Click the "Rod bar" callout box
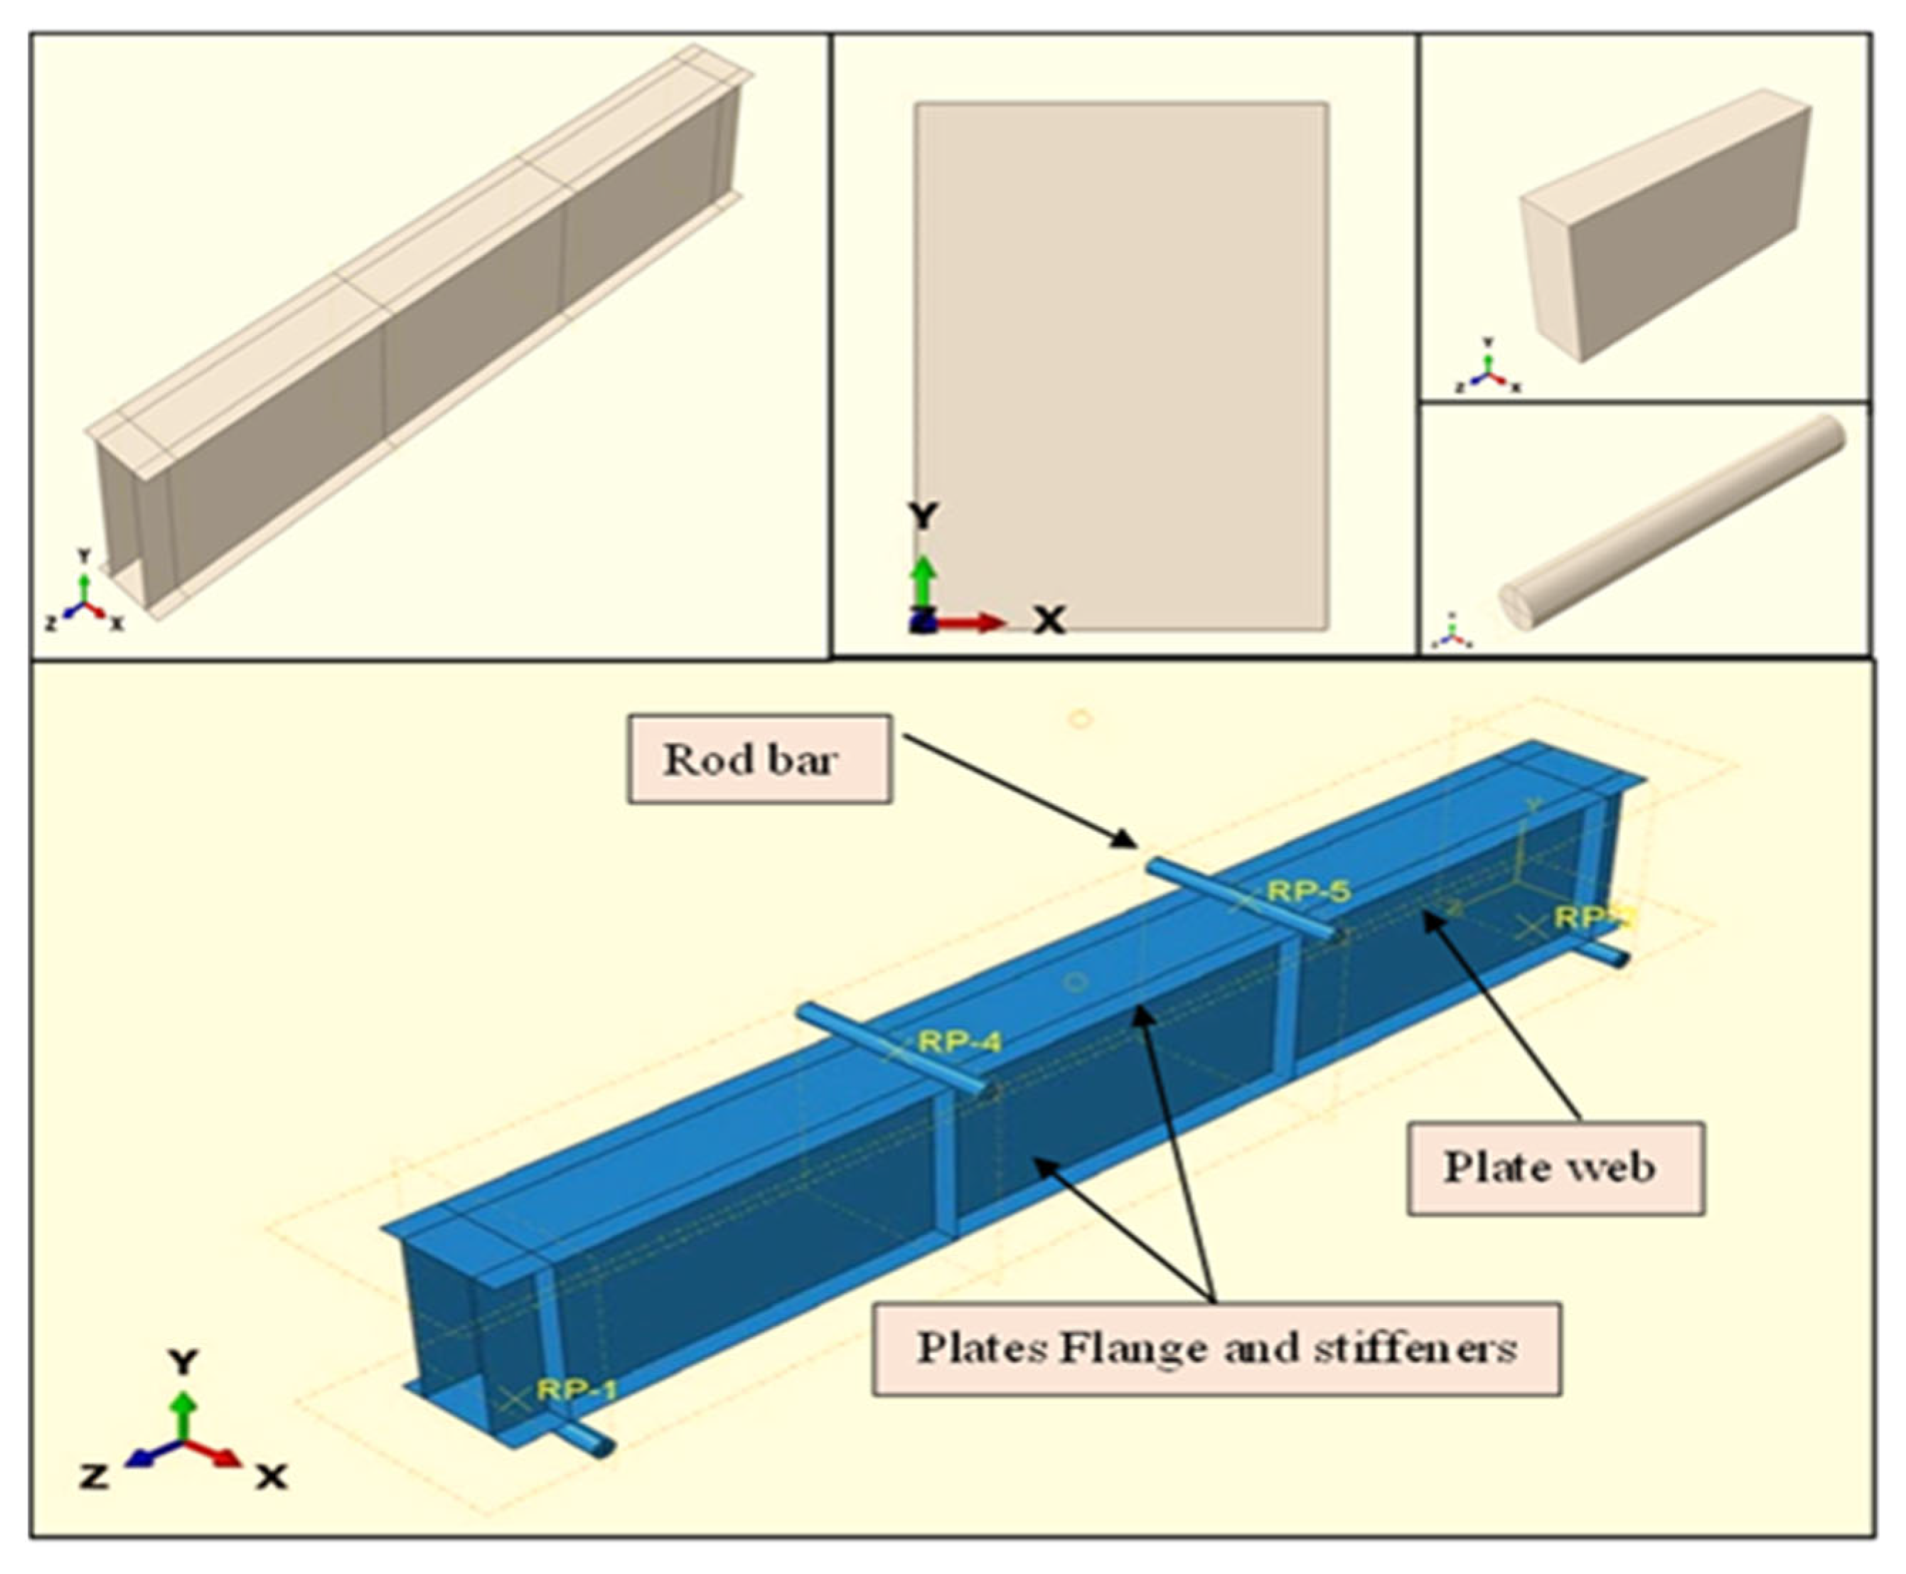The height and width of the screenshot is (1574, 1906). click(x=759, y=759)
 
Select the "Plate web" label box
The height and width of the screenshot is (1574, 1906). click(x=1554, y=1168)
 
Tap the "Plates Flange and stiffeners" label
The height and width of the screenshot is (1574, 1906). click(x=1216, y=1348)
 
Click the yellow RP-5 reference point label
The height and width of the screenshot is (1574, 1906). click(x=1308, y=892)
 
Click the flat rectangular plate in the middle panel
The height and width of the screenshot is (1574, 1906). click(x=1122, y=363)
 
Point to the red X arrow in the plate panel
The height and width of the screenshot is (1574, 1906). click(x=975, y=622)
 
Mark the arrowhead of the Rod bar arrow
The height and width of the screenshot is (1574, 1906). click(x=1129, y=840)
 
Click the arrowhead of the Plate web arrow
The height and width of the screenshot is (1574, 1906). click(x=1430, y=918)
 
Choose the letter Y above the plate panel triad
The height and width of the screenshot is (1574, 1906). click(x=923, y=517)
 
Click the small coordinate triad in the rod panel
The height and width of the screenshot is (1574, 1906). click(x=1452, y=632)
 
